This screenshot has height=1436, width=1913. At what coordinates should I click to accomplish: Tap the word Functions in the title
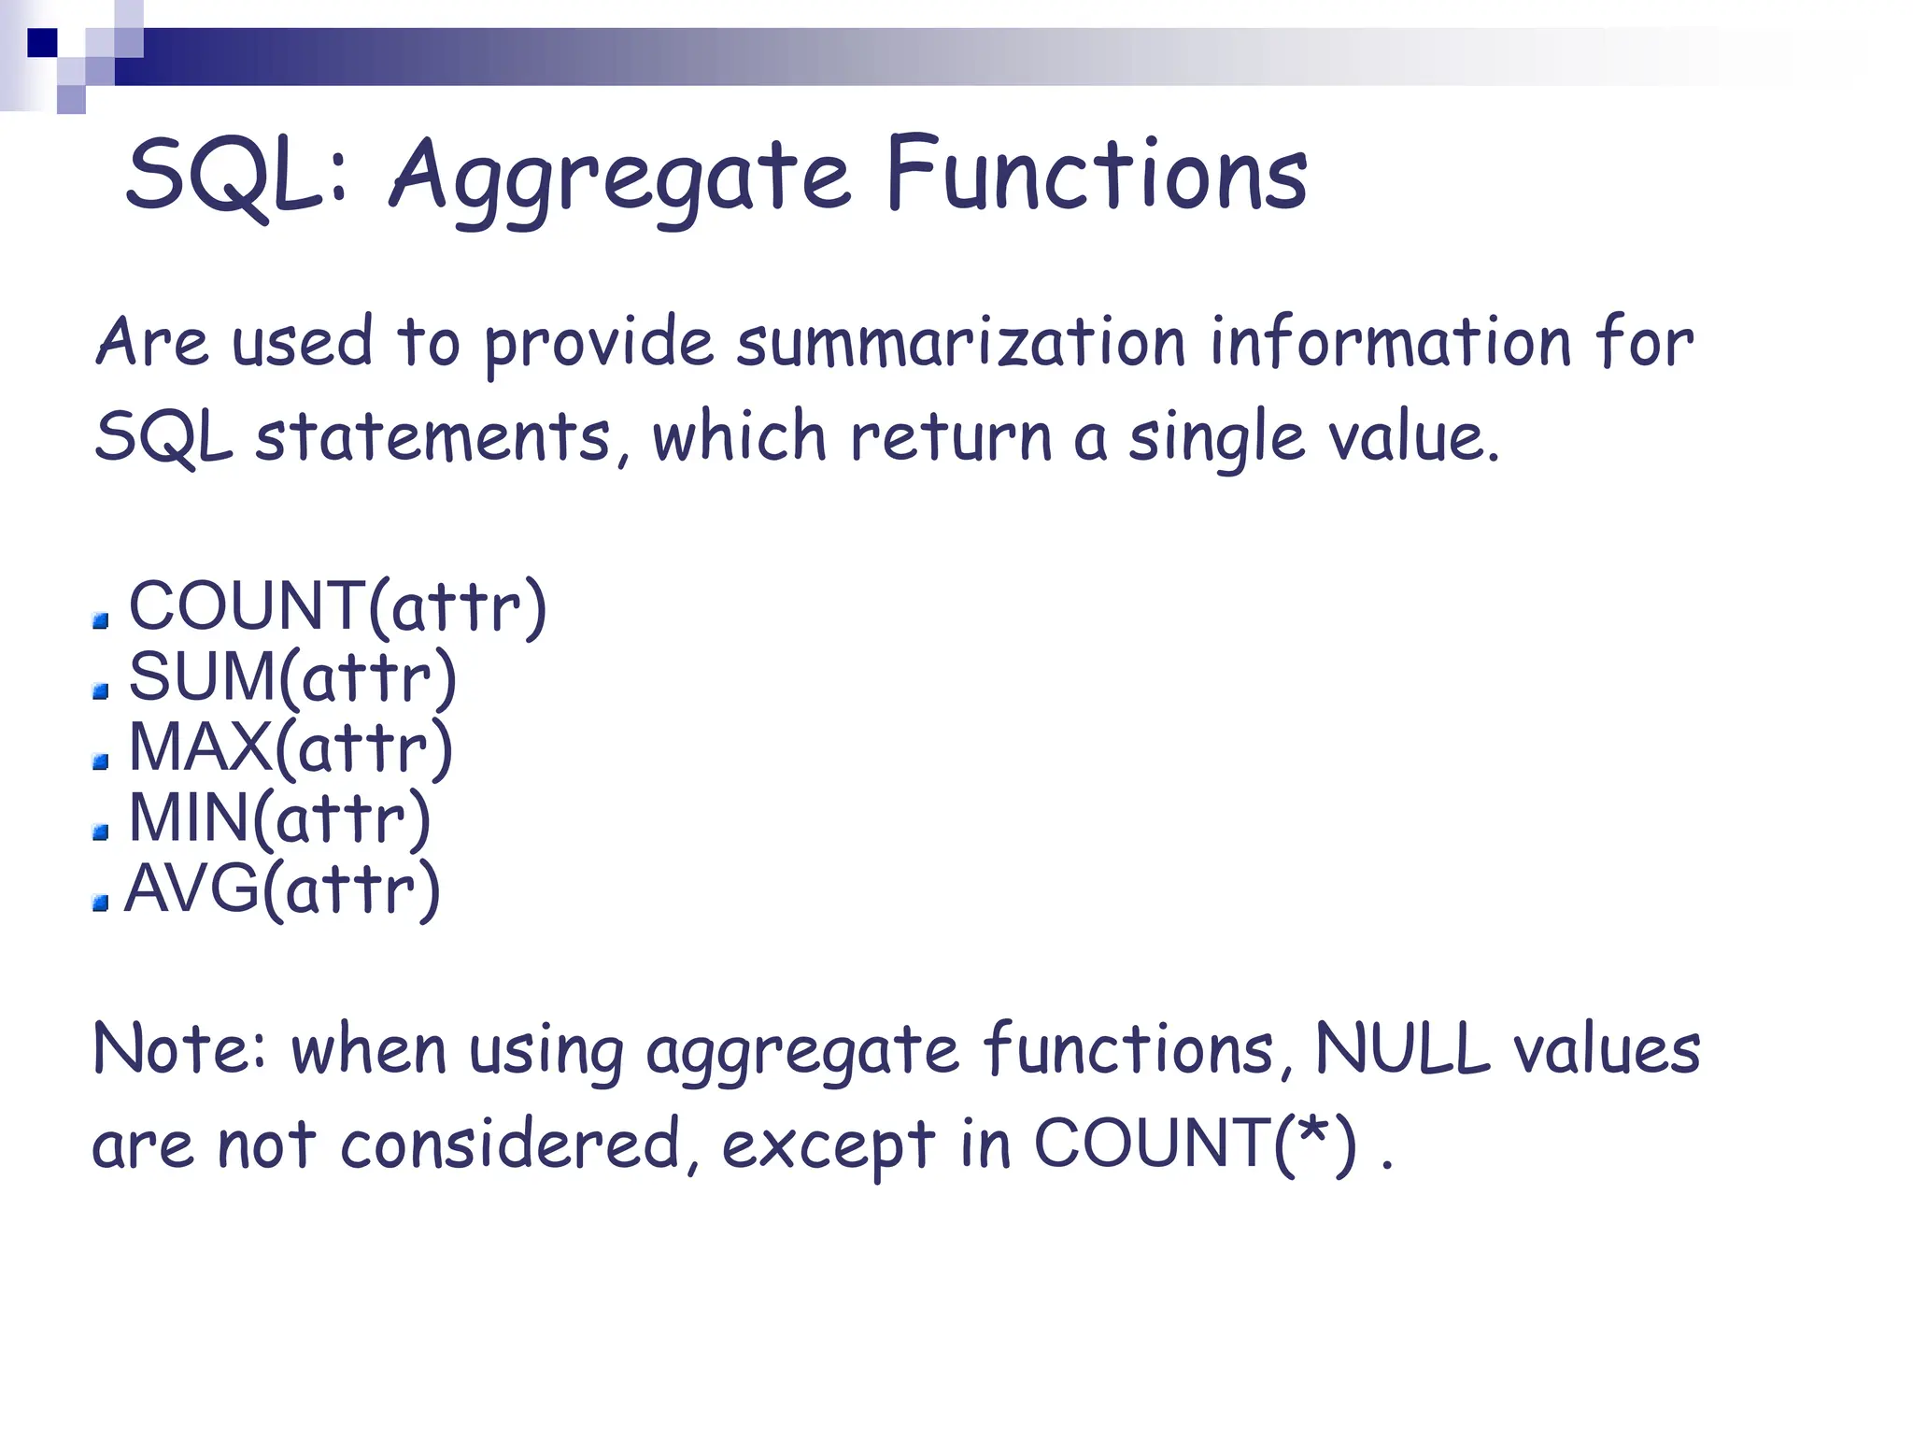[x=1097, y=175]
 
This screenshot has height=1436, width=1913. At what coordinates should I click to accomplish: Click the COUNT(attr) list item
[x=337, y=606]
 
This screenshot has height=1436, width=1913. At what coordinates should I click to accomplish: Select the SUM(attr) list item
[x=292, y=676]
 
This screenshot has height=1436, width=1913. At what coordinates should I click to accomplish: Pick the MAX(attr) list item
[x=290, y=747]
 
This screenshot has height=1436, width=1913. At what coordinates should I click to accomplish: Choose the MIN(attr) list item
[x=279, y=818]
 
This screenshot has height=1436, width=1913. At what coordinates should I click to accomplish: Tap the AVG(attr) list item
[x=282, y=889]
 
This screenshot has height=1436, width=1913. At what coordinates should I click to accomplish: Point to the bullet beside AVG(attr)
[x=101, y=903]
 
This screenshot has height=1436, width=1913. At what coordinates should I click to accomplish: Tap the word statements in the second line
[x=433, y=437]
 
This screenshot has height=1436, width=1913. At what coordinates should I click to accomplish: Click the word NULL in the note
[x=1402, y=1049]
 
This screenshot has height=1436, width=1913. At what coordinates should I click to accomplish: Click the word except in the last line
[x=828, y=1146]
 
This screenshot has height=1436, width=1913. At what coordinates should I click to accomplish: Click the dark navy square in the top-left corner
[x=42, y=43]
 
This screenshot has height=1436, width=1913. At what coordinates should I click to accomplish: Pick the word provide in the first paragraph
[x=599, y=344]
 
